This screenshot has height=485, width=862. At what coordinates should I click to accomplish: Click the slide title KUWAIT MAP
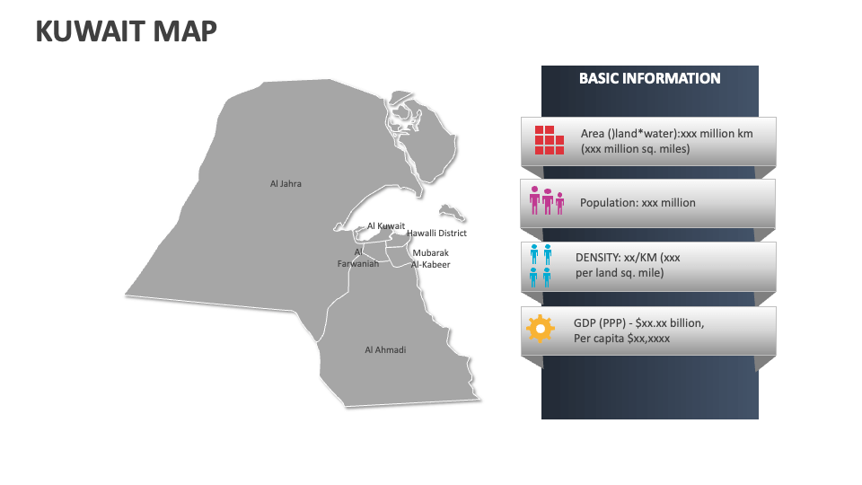click(x=126, y=31)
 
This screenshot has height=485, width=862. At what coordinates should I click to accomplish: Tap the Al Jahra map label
click(x=286, y=184)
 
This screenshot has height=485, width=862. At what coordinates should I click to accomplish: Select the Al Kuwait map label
click(x=386, y=226)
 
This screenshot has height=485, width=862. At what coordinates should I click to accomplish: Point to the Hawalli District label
click(x=436, y=234)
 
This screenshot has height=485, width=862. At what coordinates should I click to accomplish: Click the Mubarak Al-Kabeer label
click(x=430, y=259)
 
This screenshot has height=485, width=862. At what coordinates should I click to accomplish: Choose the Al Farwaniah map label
click(x=358, y=259)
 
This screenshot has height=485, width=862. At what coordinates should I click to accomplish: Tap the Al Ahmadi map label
click(x=385, y=349)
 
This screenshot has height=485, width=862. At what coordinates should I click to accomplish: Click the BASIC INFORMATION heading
click(x=649, y=78)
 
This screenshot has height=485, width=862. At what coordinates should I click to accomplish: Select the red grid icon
click(x=550, y=140)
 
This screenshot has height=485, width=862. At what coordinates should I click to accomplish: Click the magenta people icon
click(x=546, y=201)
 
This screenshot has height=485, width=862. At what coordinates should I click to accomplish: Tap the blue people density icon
click(x=541, y=266)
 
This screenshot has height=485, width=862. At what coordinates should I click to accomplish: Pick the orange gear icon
click(x=540, y=329)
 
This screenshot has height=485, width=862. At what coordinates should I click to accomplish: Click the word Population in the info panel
click(x=608, y=203)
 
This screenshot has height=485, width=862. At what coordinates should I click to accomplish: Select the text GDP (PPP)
click(x=602, y=322)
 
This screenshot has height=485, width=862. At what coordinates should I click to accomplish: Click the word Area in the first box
click(x=593, y=134)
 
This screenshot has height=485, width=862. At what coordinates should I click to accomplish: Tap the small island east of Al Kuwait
click(x=451, y=212)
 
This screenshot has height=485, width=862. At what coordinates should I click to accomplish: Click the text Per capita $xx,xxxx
click(x=621, y=339)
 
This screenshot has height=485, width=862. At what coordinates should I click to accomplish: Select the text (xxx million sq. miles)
click(x=636, y=149)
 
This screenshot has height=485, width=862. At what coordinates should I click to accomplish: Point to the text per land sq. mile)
click(x=620, y=272)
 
